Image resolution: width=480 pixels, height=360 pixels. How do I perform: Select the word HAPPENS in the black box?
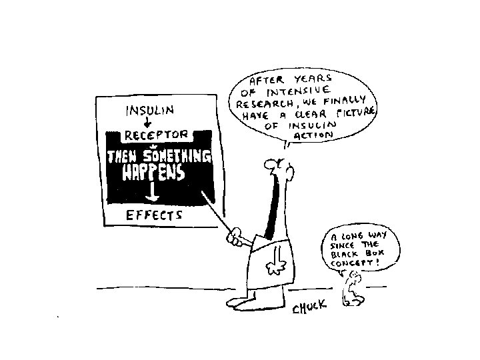[153, 173]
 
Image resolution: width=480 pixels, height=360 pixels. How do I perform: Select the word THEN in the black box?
[123, 157]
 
